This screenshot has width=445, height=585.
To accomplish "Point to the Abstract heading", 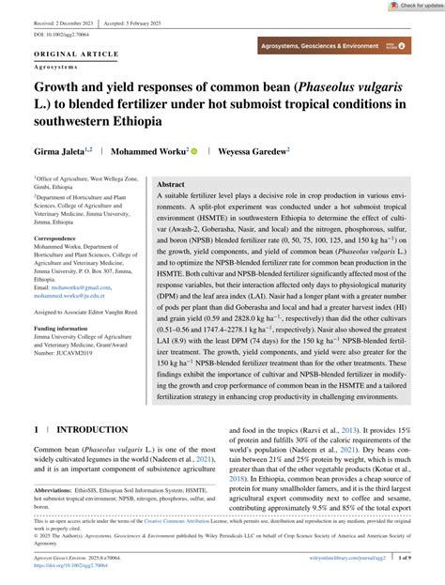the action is (x=170, y=185).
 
